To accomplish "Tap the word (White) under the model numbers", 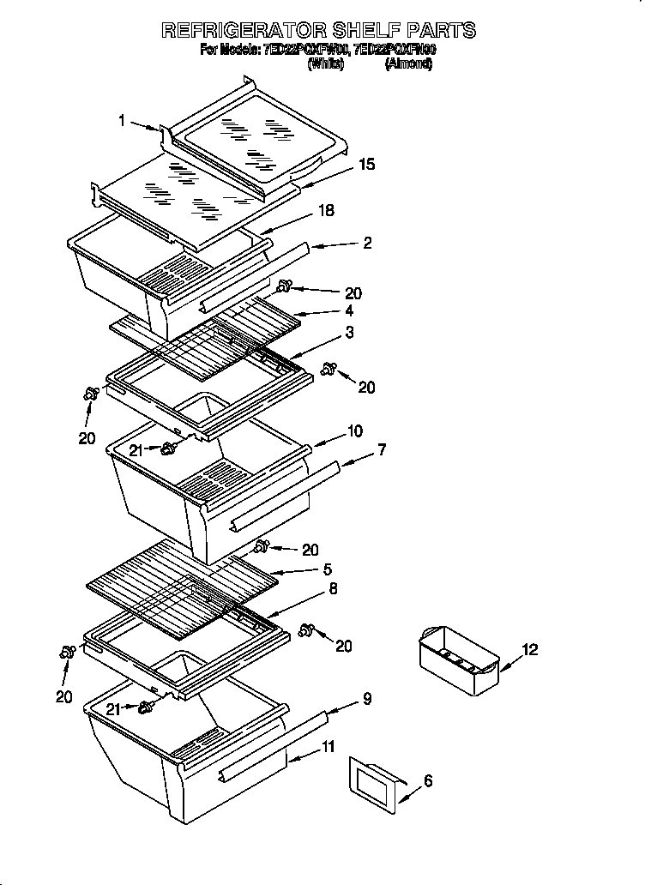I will [325, 63].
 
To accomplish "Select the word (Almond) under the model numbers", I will [407, 63].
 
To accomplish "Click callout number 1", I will [123, 122].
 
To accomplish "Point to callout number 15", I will [366, 165].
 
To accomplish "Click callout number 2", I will [367, 243].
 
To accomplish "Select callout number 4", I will [349, 311].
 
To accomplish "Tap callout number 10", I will [354, 430].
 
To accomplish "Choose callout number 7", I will [382, 449].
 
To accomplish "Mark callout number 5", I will [327, 569].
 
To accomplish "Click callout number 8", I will [333, 589].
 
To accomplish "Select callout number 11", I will [329, 747].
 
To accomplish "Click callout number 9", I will [367, 699].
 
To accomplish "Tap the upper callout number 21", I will [136, 449].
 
